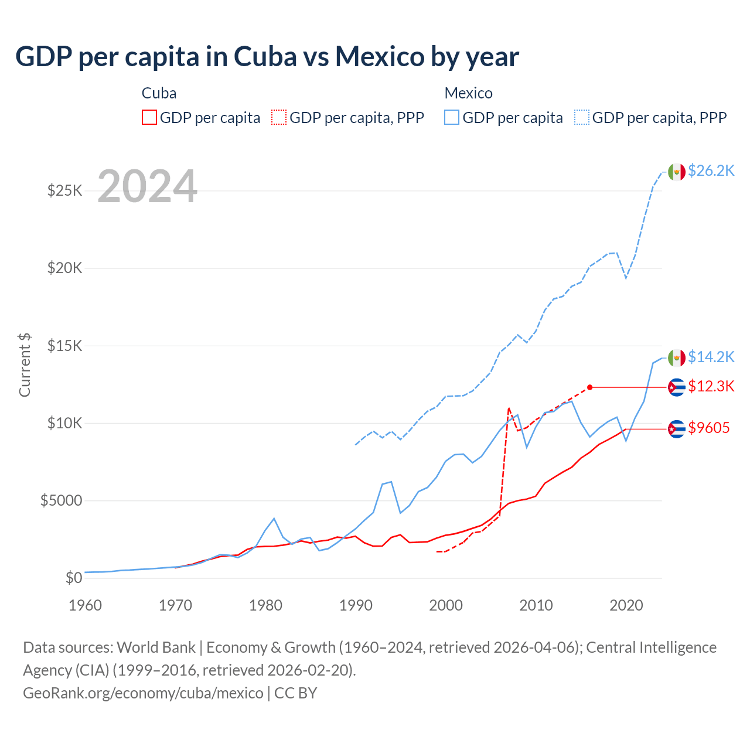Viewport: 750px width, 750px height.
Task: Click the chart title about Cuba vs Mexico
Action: point(267,57)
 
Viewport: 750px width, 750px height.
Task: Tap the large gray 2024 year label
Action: point(147,187)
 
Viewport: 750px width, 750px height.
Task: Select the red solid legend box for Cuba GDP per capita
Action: point(149,117)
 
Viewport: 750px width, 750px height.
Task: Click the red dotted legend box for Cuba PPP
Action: point(279,117)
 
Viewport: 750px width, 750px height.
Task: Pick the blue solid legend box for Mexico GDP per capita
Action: point(452,117)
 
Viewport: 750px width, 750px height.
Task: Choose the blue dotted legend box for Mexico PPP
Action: point(582,117)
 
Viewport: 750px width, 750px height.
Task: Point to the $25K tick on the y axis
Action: point(64,190)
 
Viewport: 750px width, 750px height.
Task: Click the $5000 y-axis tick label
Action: point(61,500)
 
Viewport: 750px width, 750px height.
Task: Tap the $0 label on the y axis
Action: point(73,578)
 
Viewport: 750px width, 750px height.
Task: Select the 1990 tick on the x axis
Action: point(356,605)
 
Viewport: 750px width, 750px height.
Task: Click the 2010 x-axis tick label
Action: point(536,605)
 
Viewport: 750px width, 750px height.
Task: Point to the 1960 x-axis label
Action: point(86,605)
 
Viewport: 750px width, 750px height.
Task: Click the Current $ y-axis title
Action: point(25,364)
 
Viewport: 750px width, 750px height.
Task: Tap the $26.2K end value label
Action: point(711,171)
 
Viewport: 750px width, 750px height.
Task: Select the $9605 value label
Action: point(708,428)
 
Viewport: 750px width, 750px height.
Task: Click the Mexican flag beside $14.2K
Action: point(677,357)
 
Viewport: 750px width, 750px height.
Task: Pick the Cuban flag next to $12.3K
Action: point(677,387)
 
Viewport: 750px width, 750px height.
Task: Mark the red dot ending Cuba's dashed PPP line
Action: point(590,387)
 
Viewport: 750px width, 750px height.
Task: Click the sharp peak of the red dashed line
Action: point(509,408)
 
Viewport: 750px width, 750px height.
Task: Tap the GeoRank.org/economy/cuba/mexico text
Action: point(143,693)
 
